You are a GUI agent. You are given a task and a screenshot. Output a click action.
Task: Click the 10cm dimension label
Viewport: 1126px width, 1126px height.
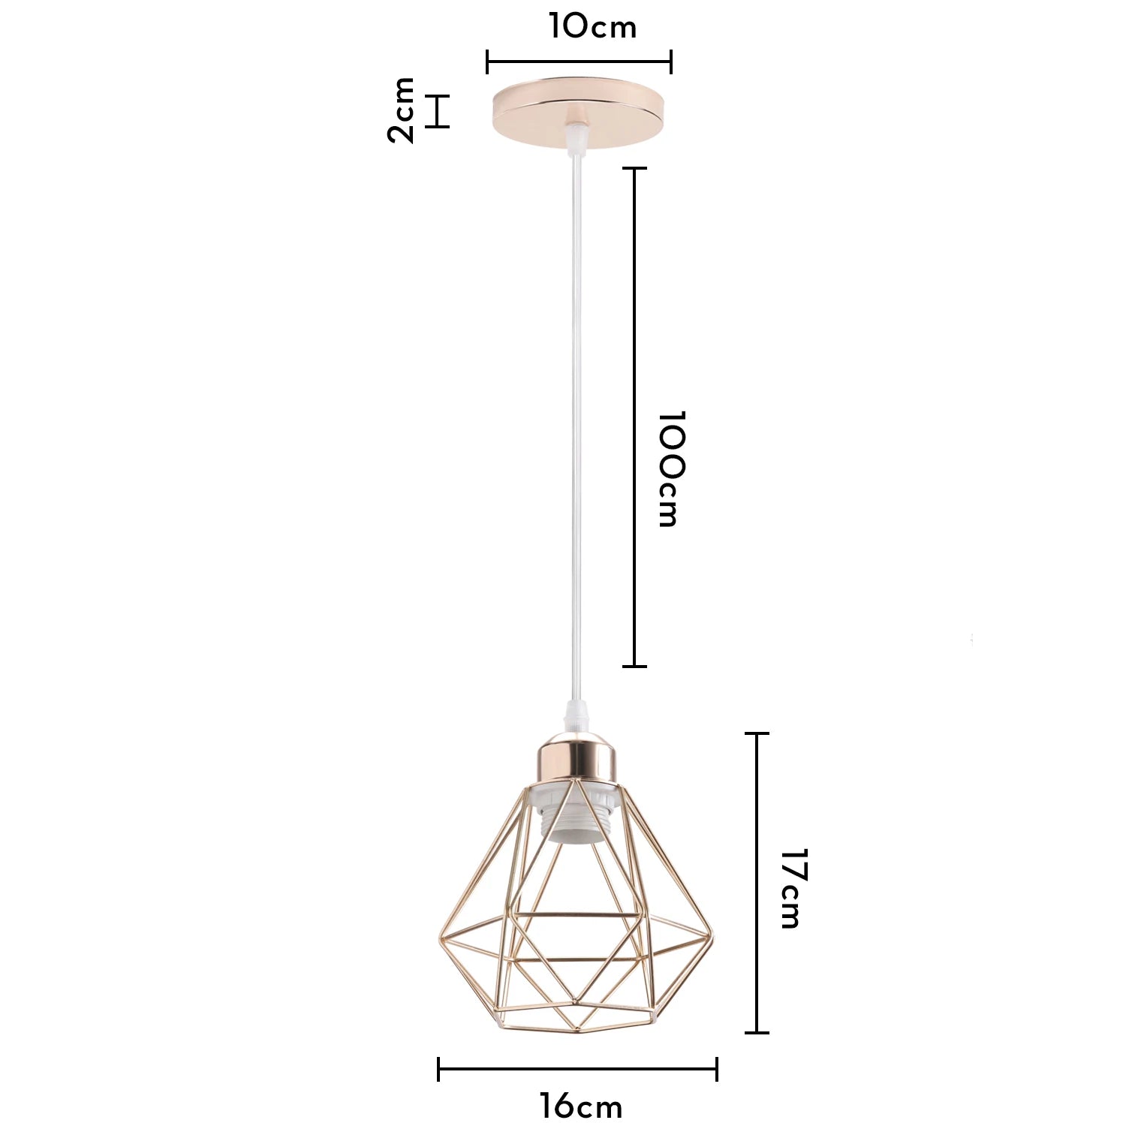592,27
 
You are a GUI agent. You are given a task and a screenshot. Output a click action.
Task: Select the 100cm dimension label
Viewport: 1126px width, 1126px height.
670,469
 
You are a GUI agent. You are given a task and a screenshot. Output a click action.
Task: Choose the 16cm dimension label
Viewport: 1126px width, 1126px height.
581,1106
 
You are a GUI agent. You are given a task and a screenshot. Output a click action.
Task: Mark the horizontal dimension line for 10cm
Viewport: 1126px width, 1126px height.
579,62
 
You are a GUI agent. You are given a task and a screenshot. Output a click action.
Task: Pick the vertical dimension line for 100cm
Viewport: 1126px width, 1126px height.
635,417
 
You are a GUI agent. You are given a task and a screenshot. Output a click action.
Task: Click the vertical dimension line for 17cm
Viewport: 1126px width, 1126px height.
757,883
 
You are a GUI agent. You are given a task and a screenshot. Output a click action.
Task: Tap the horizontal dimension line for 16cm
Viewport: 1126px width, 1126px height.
577,1069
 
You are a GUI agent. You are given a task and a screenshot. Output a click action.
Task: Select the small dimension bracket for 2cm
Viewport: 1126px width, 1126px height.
438,111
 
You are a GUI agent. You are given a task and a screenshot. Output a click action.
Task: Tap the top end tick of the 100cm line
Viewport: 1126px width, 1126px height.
635,168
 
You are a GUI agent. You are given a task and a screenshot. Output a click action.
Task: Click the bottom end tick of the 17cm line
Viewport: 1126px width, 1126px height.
757,1033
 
